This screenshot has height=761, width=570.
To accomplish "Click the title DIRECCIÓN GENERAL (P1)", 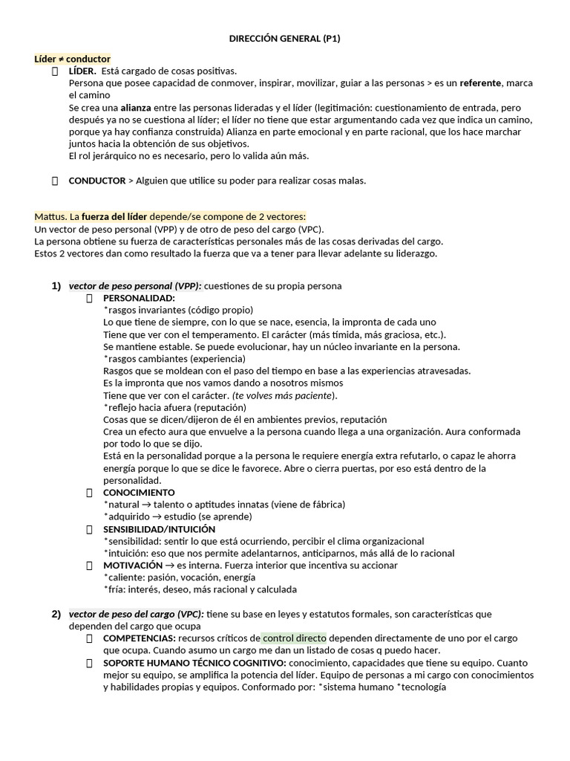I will coord(284,39).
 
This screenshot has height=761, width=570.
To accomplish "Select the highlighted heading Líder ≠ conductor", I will coord(72,59).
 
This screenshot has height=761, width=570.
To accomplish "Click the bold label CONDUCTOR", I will coord(96,181).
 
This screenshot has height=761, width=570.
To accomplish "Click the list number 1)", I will coord(56,286).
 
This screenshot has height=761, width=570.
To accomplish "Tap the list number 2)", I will coord(56,614).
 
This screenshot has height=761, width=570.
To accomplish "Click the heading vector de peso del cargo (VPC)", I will coord(136,614).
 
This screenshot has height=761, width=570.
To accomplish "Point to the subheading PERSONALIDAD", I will coord(139,298).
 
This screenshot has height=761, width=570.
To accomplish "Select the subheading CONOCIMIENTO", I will coord(139,492).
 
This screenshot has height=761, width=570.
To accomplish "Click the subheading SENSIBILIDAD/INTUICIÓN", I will coord(159,529).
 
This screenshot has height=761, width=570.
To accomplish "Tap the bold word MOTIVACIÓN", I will coord(133,566).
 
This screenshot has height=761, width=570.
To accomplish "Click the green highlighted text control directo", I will coord(294,638).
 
